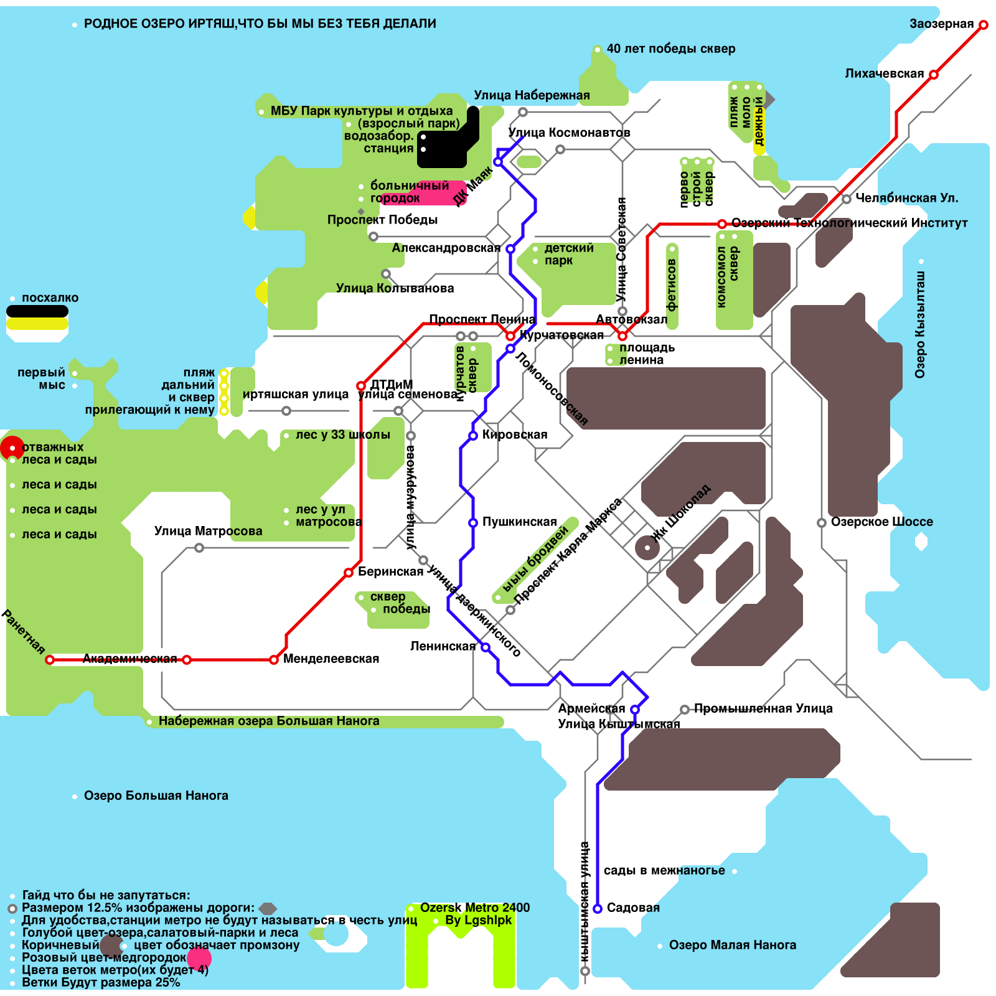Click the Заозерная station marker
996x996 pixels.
tap(984, 25)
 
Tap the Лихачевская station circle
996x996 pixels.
tap(934, 75)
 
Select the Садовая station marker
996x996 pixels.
tap(598, 909)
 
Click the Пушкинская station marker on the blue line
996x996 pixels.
tap(473, 523)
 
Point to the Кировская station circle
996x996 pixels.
tap(473, 436)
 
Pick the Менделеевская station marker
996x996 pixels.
tap(274, 660)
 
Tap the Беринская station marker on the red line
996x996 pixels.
tap(349, 573)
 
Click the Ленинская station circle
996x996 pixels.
tap(486, 647)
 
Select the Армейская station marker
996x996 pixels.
tap(635, 710)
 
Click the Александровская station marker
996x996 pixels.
tap(510, 249)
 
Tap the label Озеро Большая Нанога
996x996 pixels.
tap(156, 796)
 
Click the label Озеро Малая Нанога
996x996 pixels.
tap(732, 946)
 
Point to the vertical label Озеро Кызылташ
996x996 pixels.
tap(920, 324)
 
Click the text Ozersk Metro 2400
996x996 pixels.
tap(475, 908)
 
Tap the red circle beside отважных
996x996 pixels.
tap(11, 448)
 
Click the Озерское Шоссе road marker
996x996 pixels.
tap(822, 523)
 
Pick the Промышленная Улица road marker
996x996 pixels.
tap(685, 710)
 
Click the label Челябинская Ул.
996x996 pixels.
tap(906, 199)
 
